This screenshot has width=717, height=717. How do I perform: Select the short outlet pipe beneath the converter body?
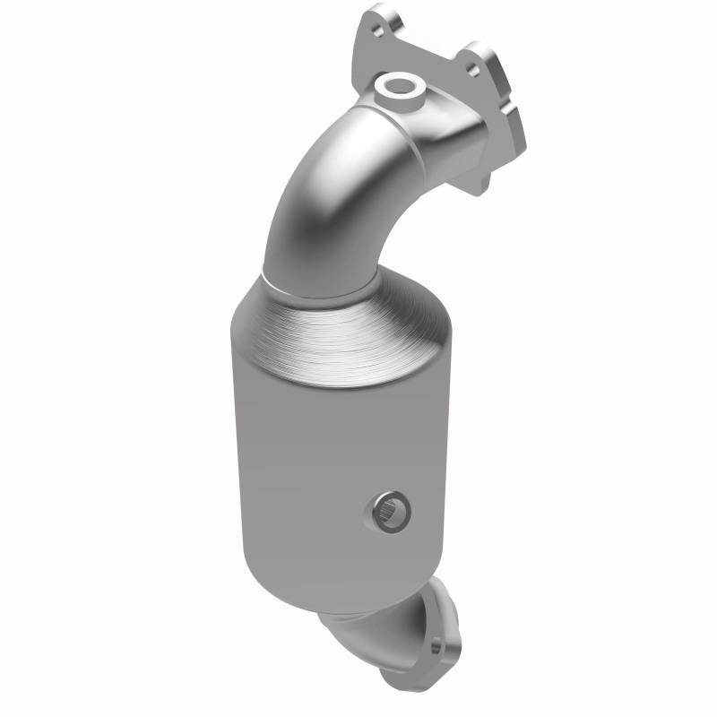pos(367,627)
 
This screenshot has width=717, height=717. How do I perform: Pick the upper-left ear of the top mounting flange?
pos(381,22)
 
